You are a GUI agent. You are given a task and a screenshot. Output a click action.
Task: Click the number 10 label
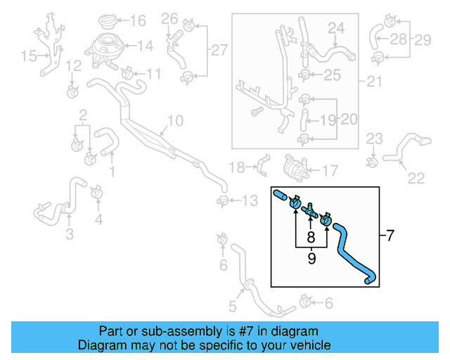pyautogui.click(x=174, y=121)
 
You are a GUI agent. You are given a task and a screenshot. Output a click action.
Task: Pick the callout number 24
pyautogui.click(x=337, y=28)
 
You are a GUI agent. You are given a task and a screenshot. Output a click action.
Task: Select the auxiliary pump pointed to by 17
pyautogui.click(x=290, y=169)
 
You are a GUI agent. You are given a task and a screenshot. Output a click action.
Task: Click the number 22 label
pyautogui.click(x=416, y=177)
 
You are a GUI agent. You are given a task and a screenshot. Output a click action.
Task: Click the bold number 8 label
pyautogui.click(x=310, y=239)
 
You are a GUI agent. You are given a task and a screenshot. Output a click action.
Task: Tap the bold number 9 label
pyautogui.click(x=310, y=259)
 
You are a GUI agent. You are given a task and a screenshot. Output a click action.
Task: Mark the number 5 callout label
pyautogui.click(x=232, y=306)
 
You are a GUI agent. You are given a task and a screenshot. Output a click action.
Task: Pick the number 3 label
pyautogui.click(x=69, y=234)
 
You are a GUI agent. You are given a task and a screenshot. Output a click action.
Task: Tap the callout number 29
pyautogui.click(x=422, y=39)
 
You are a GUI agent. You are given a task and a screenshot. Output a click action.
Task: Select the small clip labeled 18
pyautogui.click(x=261, y=167)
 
